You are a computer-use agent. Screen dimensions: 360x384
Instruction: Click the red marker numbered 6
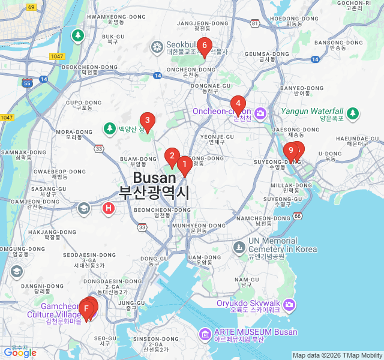[x=204, y=46]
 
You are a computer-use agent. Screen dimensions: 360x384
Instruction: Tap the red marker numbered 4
[x=238, y=104]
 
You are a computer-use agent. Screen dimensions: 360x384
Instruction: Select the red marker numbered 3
[x=147, y=121]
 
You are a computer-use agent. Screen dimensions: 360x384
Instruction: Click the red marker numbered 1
[x=185, y=163]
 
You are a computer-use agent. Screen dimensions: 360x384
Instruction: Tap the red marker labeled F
[x=86, y=310]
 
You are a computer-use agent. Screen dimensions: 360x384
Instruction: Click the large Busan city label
[x=154, y=178]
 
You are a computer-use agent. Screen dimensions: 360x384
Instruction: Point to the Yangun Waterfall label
[x=312, y=112]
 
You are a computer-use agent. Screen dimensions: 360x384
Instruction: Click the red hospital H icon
[x=108, y=208]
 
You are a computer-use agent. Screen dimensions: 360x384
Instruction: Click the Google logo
[x=20, y=353]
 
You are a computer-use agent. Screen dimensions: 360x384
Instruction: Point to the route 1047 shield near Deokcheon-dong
[x=57, y=55]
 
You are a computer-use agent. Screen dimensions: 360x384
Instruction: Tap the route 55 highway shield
[x=27, y=82]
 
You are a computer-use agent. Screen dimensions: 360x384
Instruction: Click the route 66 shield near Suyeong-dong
[x=298, y=215]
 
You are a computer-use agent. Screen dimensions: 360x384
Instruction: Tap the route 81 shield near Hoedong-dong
[x=255, y=23]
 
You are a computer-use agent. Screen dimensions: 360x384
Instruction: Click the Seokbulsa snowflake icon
[x=157, y=46]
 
